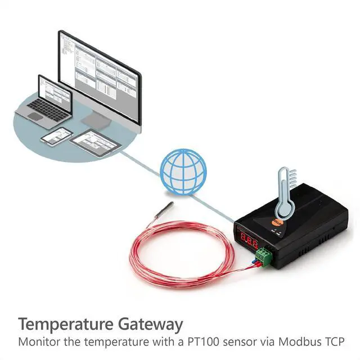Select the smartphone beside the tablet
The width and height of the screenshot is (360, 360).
(56, 136)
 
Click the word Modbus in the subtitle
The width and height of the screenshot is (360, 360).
(295, 342)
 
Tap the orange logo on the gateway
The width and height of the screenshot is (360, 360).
(277, 223)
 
